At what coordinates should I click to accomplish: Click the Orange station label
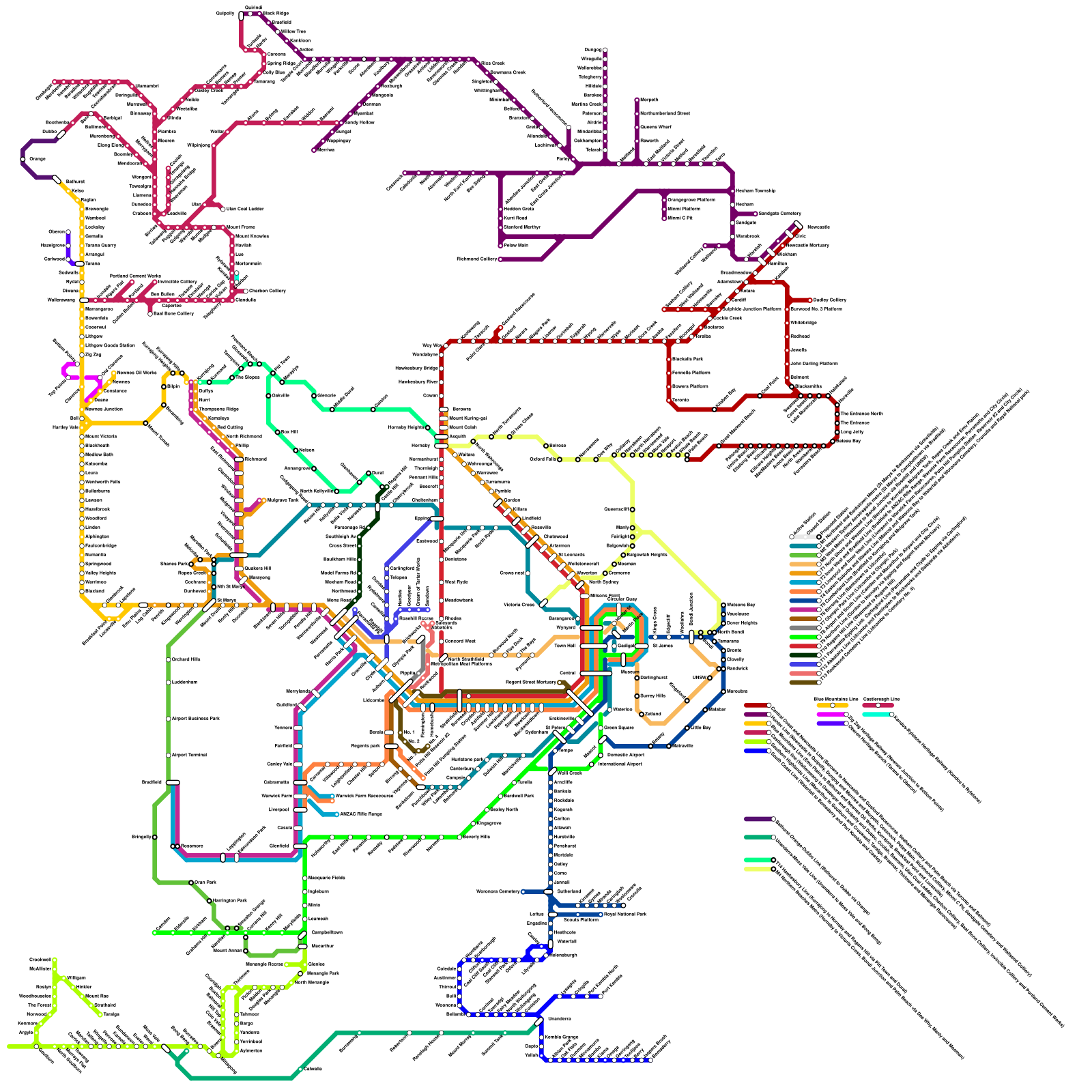(37, 159)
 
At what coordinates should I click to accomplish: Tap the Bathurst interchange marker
(57, 179)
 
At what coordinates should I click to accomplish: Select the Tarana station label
(91, 263)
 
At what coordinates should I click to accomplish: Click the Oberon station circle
(68, 232)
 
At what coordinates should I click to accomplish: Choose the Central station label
(567, 673)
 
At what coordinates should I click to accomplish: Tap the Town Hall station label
(564, 646)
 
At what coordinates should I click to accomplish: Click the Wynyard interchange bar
(591, 627)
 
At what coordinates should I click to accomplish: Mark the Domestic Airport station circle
(601, 756)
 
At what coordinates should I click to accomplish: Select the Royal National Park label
(625, 913)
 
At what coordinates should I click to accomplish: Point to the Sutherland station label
(569, 891)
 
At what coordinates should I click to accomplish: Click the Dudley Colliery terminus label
(830, 300)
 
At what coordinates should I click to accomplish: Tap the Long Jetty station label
(852, 432)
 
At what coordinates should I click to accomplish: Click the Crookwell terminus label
(40, 960)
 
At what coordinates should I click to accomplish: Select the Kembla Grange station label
(562, 1037)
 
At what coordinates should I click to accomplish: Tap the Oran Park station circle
(191, 882)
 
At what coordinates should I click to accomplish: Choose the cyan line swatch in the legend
(877, 714)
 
